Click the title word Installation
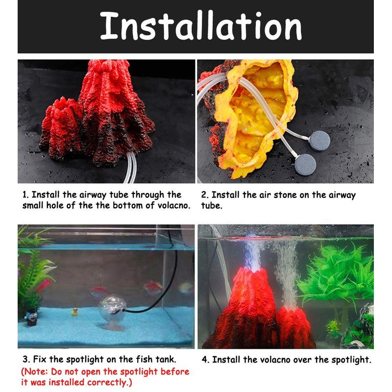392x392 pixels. click(x=201, y=26)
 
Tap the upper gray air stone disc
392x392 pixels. click(x=319, y=141)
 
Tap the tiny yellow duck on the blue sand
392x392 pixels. click(x=74, y=312)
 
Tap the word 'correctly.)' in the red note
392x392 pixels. click(x=109, y=383)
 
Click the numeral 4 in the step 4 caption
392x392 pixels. click(x=205, y=360)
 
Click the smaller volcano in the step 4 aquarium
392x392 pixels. click(x=293, y=327)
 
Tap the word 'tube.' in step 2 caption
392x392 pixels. click(x=212, y=206)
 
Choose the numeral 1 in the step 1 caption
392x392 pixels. click(x=25, y=195)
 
